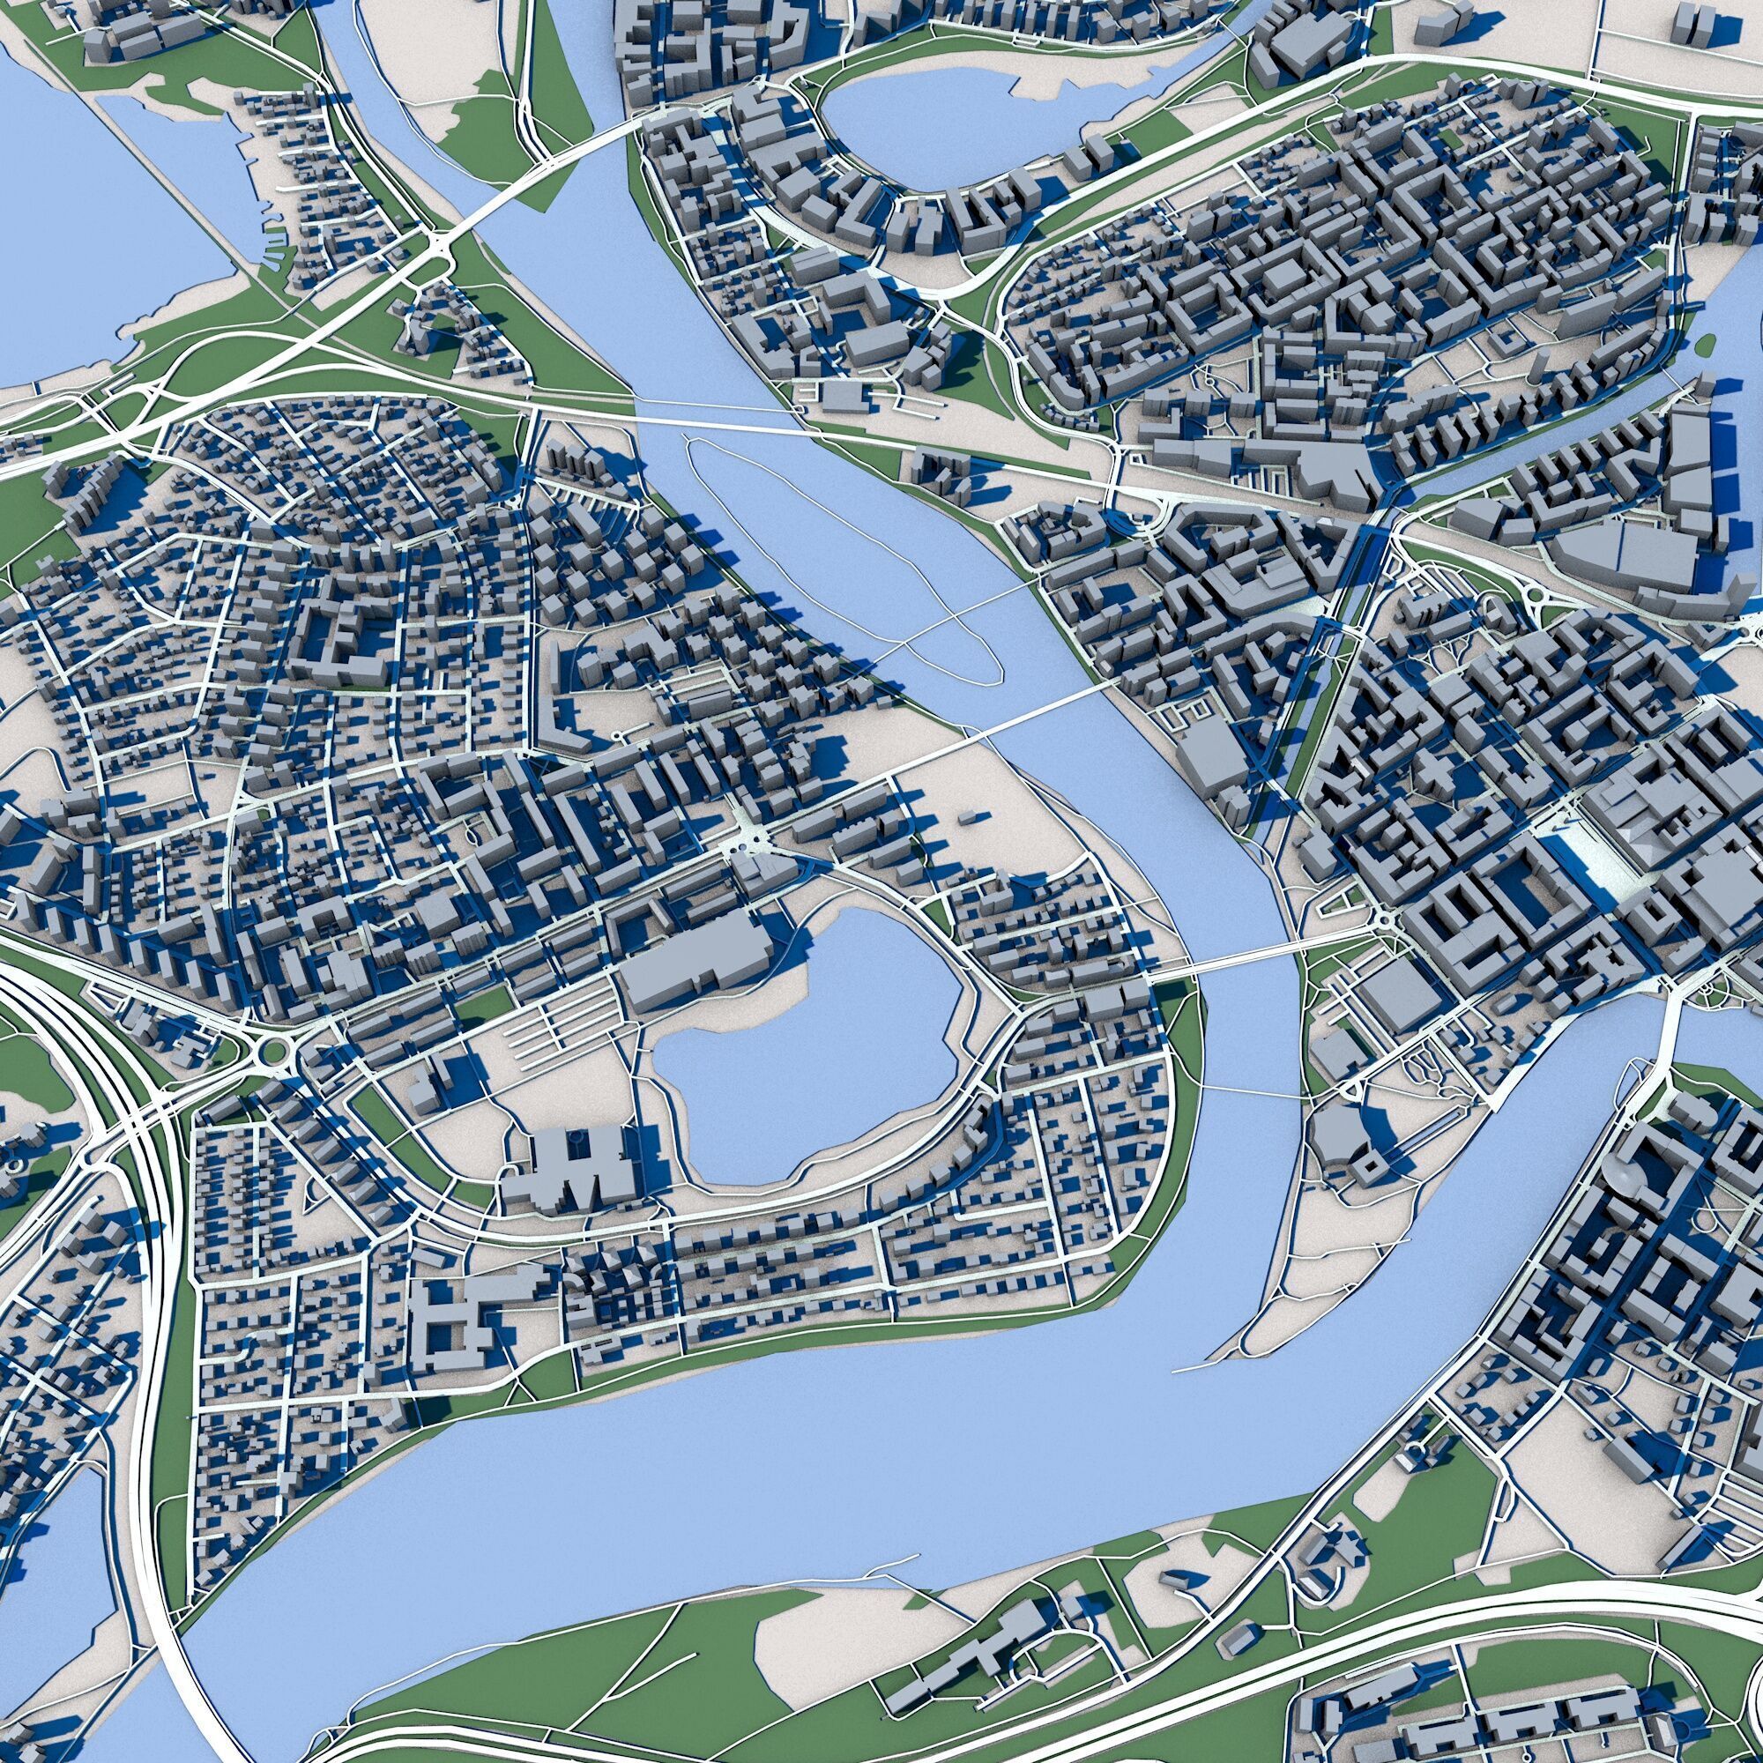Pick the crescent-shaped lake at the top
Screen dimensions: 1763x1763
click(922, 128)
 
